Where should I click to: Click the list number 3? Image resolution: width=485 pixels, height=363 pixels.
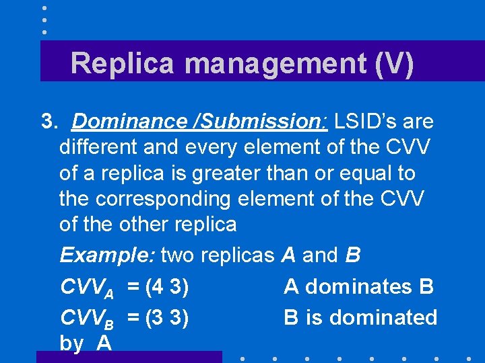tap(48, 122)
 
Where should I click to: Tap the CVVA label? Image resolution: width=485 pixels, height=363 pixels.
tap(87, 288)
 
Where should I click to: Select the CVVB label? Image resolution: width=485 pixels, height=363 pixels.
tap(87, 318)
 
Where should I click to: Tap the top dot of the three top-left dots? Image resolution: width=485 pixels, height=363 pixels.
tap(44, 8)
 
